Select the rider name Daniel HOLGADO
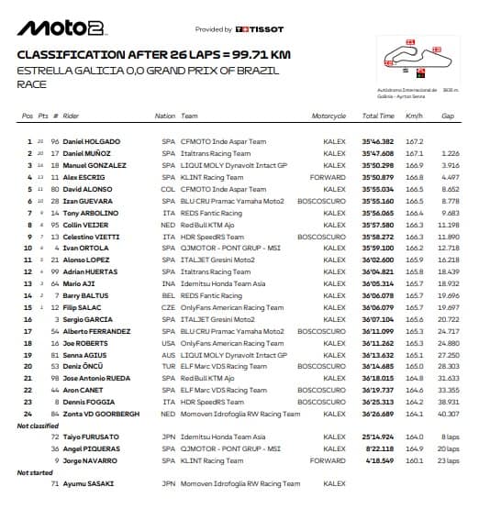[94, 141]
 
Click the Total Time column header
[378, 116]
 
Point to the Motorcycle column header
[329, 116]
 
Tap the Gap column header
[448, 116]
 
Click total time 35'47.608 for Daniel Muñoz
[378, 152]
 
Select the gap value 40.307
[449, 413]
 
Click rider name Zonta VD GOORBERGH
[102, 413]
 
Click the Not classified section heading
[37, 426]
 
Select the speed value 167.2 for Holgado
[414, 141]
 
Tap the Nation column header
[165, 116]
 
